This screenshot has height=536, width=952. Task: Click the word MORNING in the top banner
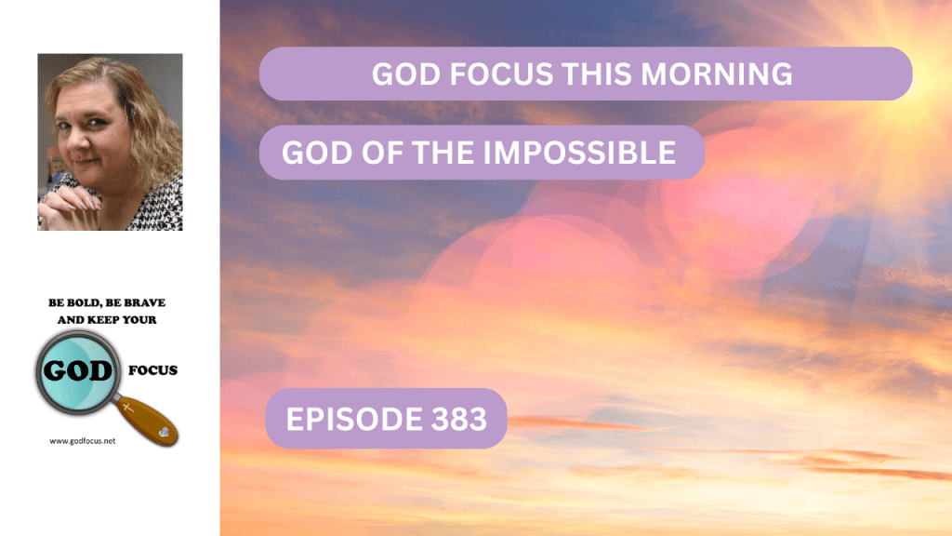click(x=717, y=74)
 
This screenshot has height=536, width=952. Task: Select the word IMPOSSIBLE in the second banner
click(x=579, y=152)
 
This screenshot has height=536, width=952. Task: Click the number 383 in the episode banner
click(x=459, y=419)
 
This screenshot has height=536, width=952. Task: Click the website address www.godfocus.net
click(x=83, y=441)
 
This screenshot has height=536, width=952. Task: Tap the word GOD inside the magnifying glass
click(x=78, y=370)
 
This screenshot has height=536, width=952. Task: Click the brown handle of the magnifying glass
click(x=147, y=421)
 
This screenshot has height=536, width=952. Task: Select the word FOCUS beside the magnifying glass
click(x=152, y=370)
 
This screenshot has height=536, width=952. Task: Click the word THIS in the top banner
click(x=598, y=74)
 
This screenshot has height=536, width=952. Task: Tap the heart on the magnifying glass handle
click(x=164, y=432)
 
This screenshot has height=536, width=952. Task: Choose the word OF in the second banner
click(x=383, y=152)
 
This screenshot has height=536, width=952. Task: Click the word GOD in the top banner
click(x=406, y=74)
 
